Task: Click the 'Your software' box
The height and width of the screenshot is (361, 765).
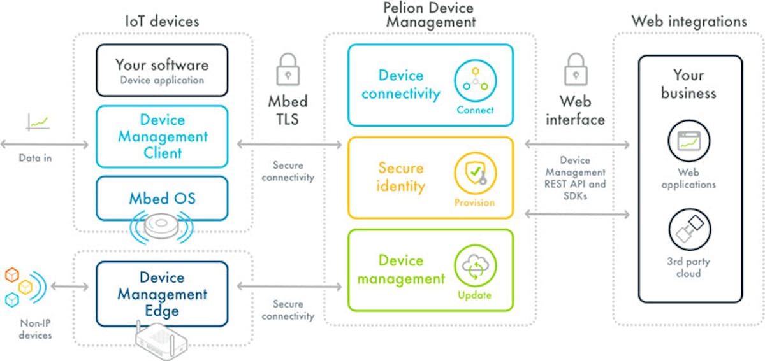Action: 161,70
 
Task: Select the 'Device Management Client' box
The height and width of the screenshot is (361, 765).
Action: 161,136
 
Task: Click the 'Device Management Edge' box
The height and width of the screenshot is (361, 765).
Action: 161,294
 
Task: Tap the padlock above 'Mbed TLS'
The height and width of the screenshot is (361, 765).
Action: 288,69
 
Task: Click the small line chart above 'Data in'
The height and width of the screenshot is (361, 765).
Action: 38,122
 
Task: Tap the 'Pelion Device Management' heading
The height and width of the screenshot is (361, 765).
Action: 429,15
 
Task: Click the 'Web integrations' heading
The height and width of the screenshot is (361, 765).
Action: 688,21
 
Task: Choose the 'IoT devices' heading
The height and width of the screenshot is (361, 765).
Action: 161,21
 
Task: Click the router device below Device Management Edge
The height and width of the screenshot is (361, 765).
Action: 161,344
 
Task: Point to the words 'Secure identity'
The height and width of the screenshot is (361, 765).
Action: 400,177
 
